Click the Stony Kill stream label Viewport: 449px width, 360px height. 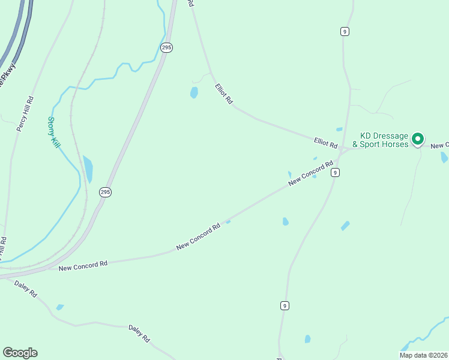point(53,133)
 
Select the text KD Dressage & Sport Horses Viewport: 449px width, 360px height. point(384,140)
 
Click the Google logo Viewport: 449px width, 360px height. point(20,353)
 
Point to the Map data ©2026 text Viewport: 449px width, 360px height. point(423,355)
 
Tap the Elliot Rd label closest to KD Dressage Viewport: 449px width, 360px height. point(326,143)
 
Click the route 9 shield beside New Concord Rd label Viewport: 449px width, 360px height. point(335,172)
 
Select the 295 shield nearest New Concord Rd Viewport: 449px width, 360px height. point(105,192)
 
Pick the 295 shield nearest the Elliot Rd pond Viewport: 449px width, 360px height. point(167,47)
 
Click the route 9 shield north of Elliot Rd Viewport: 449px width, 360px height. point(345,31)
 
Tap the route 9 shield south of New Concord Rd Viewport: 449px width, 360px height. point(285,305)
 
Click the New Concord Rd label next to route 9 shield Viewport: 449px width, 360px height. point(310,173)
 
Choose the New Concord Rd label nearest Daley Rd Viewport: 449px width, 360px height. point(83,265)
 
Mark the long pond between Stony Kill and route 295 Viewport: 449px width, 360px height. point(88,169)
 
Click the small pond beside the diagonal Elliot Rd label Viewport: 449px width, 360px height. point(194,92)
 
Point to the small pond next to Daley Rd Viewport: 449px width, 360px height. point(59,307)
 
